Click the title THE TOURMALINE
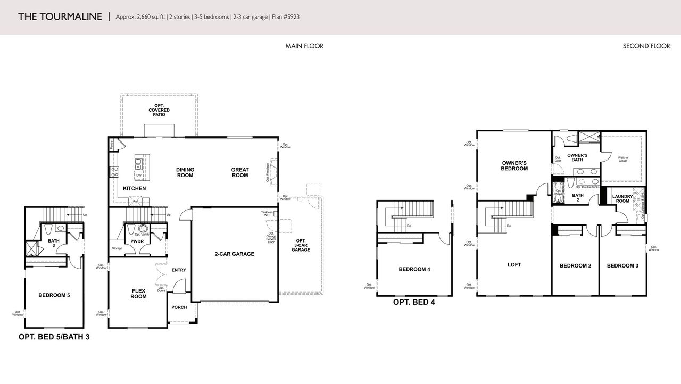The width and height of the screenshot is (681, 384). [60, 16]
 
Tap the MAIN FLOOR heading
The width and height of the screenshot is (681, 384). [304, 46]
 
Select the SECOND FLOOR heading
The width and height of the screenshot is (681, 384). [646, 46]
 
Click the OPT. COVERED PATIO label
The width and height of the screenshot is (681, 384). [159, 110]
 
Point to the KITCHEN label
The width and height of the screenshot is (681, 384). [134, 189]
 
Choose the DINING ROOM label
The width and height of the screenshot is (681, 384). [185, 172]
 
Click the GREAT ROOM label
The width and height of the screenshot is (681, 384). [240, 172]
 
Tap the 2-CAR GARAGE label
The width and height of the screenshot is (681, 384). [234, 254]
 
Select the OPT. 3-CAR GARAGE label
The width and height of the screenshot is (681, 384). [301, 245]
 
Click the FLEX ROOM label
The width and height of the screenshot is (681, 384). [138, 294]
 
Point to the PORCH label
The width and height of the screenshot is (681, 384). [179, 307]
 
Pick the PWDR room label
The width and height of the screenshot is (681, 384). [137, 241]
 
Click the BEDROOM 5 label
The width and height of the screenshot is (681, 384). [54, 295]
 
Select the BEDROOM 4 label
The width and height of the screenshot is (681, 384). [414, 269]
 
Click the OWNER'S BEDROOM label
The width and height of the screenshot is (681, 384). [514, 165]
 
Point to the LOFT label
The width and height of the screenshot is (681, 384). [514, 264]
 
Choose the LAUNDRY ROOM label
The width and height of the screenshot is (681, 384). [622, 199]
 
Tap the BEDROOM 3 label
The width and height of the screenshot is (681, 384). [622, 266]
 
